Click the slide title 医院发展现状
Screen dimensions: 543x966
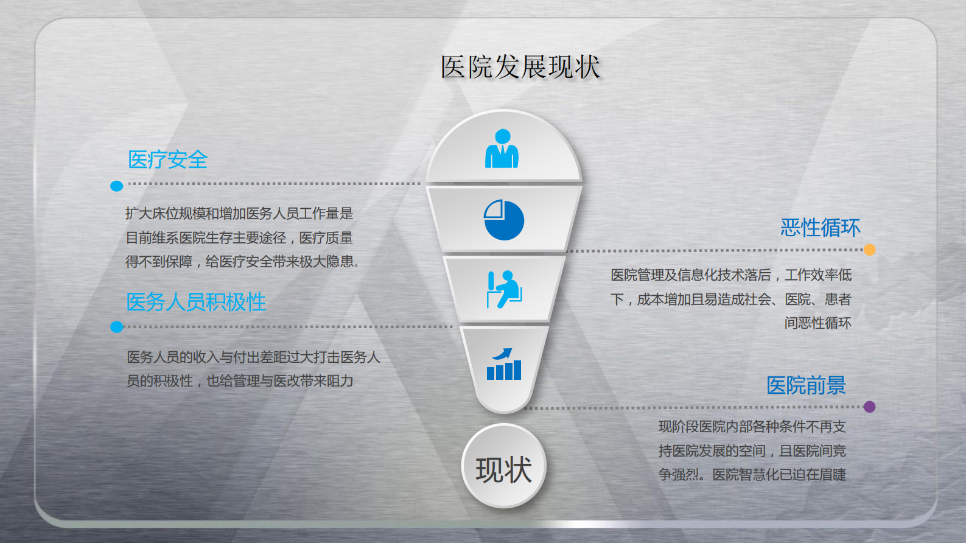pos(520,67)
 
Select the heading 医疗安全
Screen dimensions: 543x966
pos(167,160)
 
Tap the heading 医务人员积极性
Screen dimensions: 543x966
pos(196,302)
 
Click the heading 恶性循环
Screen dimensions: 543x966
pos(820,228)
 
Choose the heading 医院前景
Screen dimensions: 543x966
pos(806,385)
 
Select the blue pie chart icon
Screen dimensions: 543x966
pos(504,220)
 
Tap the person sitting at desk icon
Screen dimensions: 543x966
pos(504,289)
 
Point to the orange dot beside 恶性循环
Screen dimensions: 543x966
pos(869,250)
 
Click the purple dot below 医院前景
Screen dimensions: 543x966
pos(869,407)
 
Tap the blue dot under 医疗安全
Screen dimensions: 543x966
pos(117,186)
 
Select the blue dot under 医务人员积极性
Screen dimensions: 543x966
pos(117,327)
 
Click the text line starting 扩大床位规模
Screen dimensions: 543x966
pos(239,214)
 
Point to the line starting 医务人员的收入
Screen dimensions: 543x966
pos(253,357)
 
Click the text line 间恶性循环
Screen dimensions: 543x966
pos(817,323)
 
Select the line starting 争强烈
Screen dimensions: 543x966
pos(752,475)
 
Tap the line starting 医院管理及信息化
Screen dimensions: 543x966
pos(731,275)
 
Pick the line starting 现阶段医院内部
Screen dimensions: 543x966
pos(752,427)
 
